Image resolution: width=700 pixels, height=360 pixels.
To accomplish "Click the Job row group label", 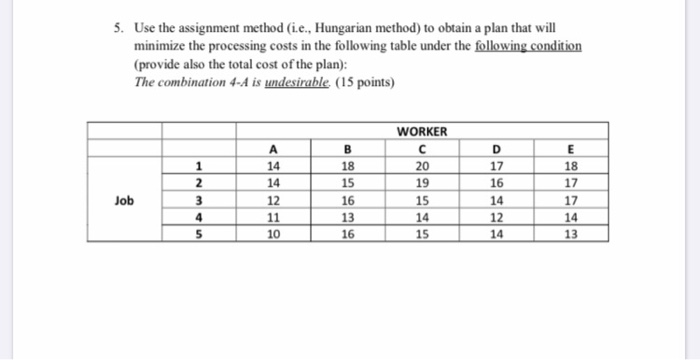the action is (x=124, y=200).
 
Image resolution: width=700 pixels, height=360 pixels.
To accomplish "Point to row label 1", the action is (x=200, y=166).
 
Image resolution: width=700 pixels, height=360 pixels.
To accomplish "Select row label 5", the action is (x=200, y=234).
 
